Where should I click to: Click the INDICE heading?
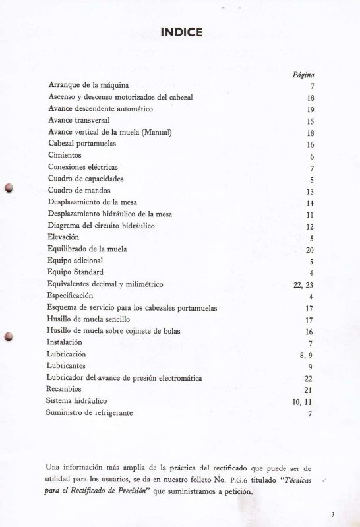[x=181, y=32]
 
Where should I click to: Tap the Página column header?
[x=303, y=75]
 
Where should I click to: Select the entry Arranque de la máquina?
[x=88, y=85]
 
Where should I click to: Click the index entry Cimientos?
[x=65, y=155]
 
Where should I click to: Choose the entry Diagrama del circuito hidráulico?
[x=101, y=226]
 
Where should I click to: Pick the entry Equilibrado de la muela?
[x=87, y=249]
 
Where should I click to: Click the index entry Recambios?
[x=65, y=389]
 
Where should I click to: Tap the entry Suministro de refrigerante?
[x=89, y=412]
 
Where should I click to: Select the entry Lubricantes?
[x=66, y=365]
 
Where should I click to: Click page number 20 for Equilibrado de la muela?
[x=309, y=250]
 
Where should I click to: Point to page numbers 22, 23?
[x=303, y=285]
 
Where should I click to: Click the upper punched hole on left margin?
[x=9, y=187]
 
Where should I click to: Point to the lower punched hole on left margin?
[x=9, y=337]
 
